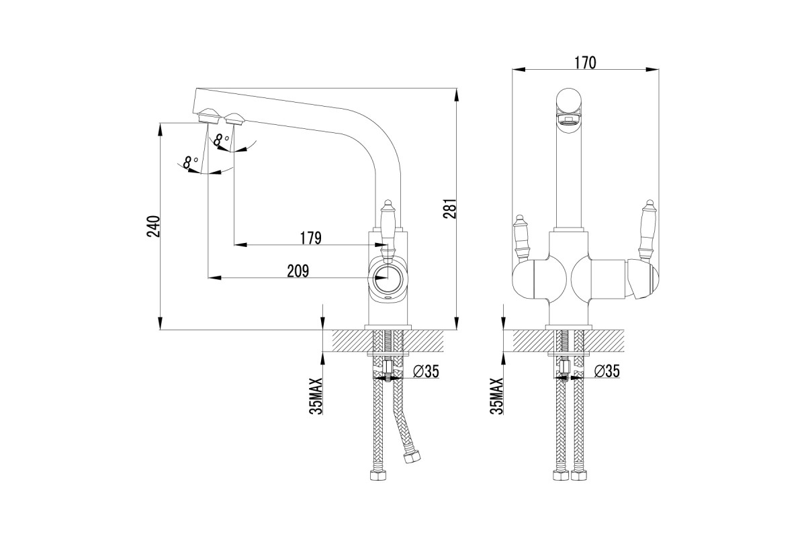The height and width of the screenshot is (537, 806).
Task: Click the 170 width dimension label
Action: [x=585, y=62]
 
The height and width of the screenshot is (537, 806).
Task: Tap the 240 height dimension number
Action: [x=153, y=226]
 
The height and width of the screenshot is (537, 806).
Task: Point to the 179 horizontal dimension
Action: [x=310, y=238]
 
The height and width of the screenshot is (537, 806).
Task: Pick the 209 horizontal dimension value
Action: [x=298, y=271]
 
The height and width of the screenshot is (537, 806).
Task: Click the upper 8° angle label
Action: [x=221, y=140]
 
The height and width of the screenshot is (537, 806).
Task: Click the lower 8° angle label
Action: [x=190, y=162]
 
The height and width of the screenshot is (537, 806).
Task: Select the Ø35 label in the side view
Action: [x=427, y=371]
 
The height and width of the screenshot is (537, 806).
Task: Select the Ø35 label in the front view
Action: [x=607, y=371]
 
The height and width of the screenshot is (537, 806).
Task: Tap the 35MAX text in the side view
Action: [x=316, y=396]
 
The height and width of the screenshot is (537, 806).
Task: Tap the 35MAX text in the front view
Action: [x=496, y=396]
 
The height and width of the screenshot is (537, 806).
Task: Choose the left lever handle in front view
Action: [x=521, y=237]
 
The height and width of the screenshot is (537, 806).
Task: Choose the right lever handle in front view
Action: [x=648, y=230]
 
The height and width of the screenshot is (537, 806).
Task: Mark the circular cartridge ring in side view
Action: [x=388, y=279]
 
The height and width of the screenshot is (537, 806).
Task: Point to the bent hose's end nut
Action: [x=412, y=458]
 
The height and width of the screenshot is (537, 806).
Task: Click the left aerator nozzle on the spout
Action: [x=208, y=116]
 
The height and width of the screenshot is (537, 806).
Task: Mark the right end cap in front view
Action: [x=643, y=279]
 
